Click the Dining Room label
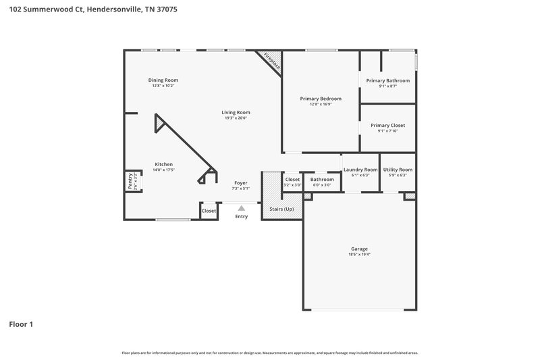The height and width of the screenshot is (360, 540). point(163,80)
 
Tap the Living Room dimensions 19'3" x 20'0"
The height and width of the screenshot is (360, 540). point(236,118)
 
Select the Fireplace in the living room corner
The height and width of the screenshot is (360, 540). point(271,59)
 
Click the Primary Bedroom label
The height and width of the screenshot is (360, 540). point(321,99)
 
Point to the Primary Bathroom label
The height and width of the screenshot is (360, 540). point(388,80)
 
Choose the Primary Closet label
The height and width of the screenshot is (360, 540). point(388,125)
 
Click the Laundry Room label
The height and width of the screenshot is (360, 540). point(360,170)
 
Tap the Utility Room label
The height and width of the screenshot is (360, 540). point(398,170)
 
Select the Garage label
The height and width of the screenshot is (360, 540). point(358,249)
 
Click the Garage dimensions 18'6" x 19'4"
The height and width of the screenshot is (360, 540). point(358,254)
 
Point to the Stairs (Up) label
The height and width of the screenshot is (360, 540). point(281,209)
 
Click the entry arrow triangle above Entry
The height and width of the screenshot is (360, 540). point(241,208)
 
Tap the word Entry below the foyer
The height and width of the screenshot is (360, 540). point(241,216)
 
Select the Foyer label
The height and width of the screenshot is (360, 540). point(240,182)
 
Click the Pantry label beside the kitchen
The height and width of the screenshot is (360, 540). point(130,182)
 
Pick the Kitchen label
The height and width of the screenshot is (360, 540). point(163,164)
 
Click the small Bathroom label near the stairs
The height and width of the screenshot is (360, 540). point(322,179)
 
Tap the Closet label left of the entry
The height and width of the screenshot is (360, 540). point(209,211)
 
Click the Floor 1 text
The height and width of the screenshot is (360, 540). point(21,324)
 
